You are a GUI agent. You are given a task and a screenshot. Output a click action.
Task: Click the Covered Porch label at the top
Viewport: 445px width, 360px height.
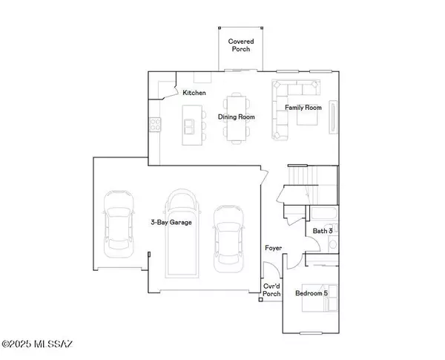coord(239,45)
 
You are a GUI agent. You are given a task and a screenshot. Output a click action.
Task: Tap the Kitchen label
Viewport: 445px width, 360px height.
coord(194,93)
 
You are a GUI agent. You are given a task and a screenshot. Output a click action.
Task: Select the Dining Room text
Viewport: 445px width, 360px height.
coord(236,117)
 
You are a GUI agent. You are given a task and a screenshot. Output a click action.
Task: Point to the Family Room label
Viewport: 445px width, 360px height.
coord(303,108)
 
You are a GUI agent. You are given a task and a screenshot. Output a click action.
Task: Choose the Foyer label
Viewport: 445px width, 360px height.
coord(274,247)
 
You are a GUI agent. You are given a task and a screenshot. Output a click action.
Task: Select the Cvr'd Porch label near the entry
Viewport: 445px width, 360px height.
coord(272,289)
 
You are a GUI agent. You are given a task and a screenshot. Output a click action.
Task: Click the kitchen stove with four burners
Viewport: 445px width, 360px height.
coord(156,125)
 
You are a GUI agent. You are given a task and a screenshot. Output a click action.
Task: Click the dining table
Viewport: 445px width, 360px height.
coord(237,117)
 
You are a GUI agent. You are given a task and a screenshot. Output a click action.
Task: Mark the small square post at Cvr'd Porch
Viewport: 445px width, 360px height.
coord(261,300)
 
